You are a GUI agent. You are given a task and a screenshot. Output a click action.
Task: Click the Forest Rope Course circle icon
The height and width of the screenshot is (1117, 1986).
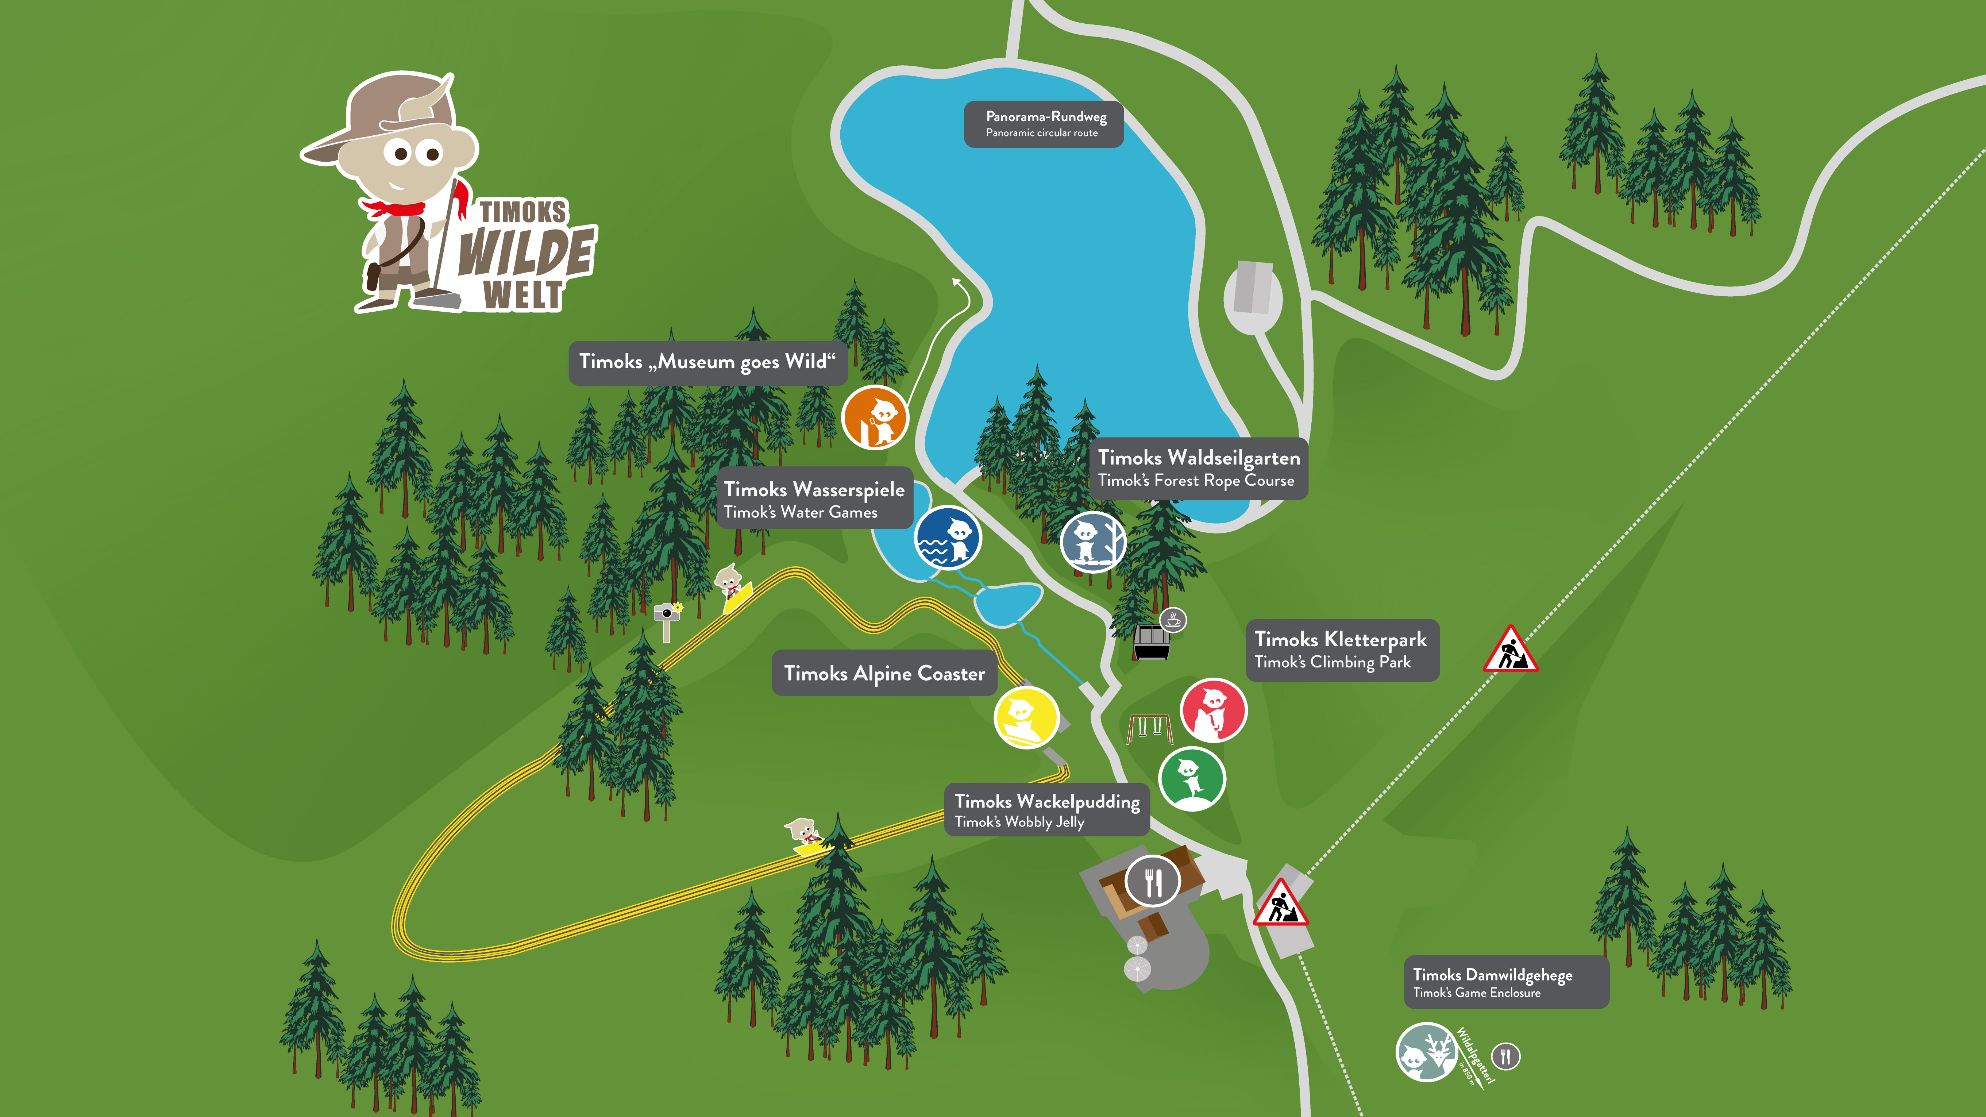coord(1092,543)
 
